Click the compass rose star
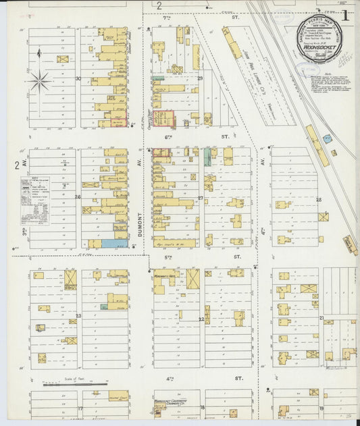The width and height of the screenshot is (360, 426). (40, 82)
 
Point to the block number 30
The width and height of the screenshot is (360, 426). (78, 78)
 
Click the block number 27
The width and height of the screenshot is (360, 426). (200, 198)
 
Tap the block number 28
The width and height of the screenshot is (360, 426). (319, 200)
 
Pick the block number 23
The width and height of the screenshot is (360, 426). (78, 316)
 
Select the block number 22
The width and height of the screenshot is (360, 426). (201, 319)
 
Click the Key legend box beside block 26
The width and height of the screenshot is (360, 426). (35, 200)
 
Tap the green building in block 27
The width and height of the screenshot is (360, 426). (207, 156)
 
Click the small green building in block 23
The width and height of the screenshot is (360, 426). (104, 307)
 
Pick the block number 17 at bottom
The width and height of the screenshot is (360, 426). (79, 408)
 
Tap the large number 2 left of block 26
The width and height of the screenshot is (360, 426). (17, 165)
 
